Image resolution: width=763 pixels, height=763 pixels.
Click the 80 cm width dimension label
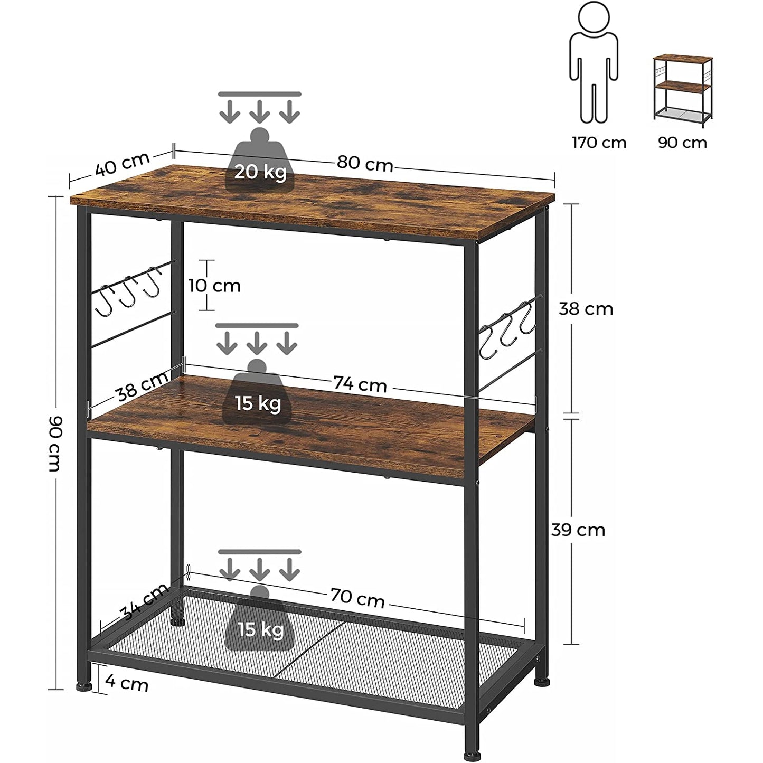click(x=365, y=164)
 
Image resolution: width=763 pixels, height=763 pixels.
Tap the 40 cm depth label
click(x=122, y=163)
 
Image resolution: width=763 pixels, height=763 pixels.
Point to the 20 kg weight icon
click(x=260, y=160)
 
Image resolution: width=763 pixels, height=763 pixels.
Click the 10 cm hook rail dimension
click(x=214, y=286)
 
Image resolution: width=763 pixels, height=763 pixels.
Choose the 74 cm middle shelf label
click(x=360, y=384)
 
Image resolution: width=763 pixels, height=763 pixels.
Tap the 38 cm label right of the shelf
click(x=586, y=309)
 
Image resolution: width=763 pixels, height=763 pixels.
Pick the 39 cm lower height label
click(x=578, y=530)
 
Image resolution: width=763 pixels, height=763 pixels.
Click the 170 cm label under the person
click(x=599, y=143)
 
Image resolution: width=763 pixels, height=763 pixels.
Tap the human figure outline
click(x=594, y=62)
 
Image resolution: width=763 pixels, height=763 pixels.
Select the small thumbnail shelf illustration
click(x=683, y=91)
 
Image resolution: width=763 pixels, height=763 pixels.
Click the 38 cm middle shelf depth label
click(x=142, y=386)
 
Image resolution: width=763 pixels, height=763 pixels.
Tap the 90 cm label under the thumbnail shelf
click(x=682, y=143)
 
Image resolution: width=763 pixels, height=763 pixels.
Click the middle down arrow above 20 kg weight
click(x=260, y=111)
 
